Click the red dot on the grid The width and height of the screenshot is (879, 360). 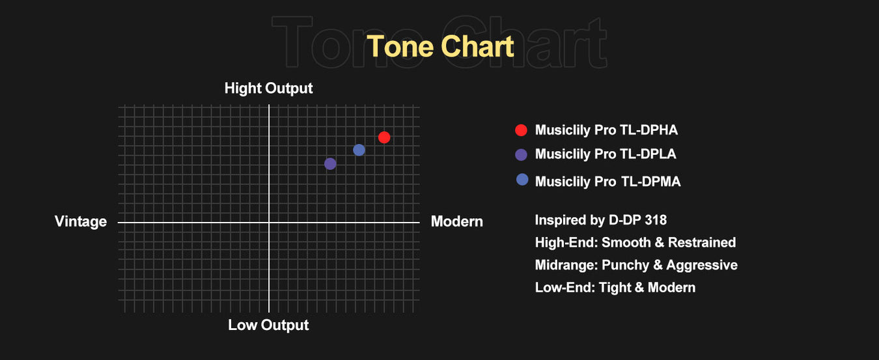tap(384, 137)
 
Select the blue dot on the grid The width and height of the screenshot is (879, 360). tap(359, 150)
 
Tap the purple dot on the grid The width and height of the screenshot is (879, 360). tap(330, 163)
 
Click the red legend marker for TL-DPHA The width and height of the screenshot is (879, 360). tap(521, 130)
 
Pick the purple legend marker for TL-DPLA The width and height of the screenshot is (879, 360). tap(521, 154)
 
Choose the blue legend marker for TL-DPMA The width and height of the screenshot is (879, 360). tap(522, 180)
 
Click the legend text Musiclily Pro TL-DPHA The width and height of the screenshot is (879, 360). tap(606, 130)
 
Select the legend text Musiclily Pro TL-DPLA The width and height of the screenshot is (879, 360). tap(606, 154)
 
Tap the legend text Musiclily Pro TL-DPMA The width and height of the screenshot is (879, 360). tap(608, 182)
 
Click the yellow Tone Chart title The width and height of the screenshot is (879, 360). tap(440, 46)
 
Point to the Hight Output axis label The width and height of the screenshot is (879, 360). tap(268, 89)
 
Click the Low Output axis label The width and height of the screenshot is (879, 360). tap(268, 325)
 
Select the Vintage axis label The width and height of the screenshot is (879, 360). tap(81, 222)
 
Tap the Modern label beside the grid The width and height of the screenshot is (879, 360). tap(457, 221)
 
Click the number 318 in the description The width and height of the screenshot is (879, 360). tap(655, 220)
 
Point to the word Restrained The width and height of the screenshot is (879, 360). tap(702, 242)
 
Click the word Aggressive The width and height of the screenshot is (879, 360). tap(702, 266)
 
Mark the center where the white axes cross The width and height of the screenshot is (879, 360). tap(269, 223)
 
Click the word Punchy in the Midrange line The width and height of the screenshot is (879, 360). tap(626, 266)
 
